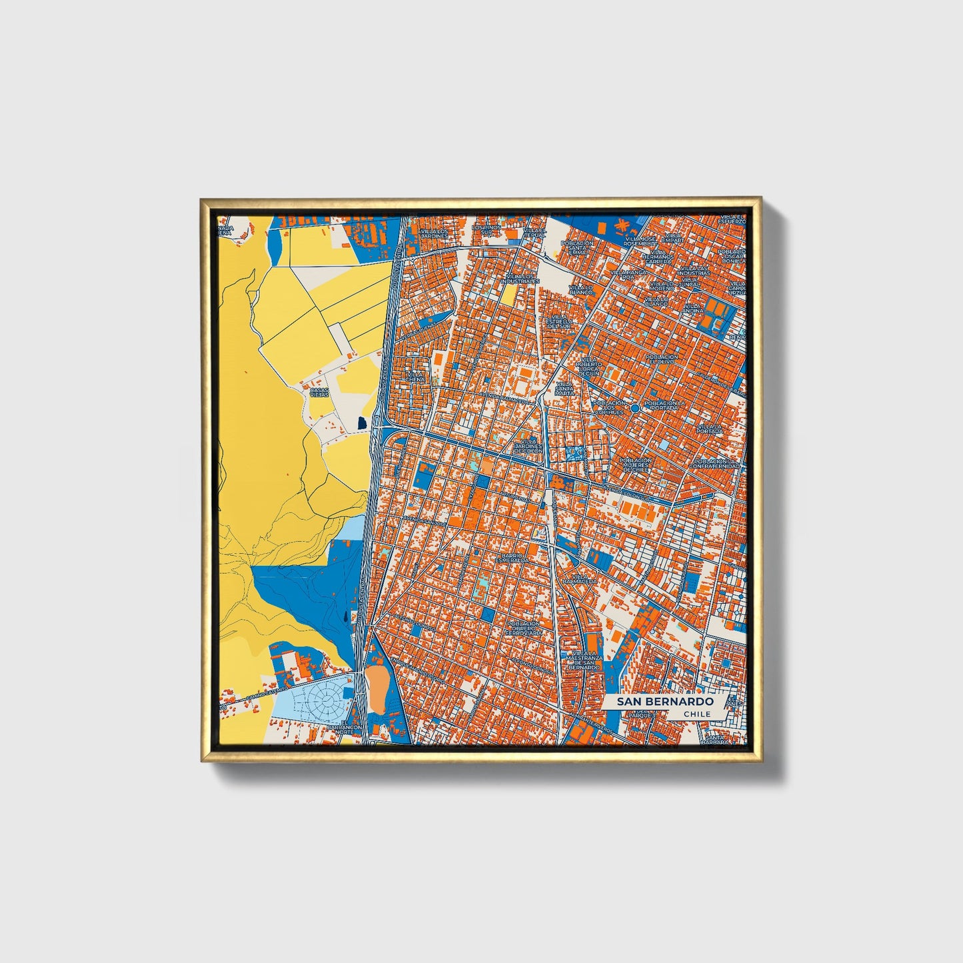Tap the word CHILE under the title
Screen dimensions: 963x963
coord(697,714)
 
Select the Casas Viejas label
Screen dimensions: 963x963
coord(319,392)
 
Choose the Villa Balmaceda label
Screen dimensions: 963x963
coord(579,578)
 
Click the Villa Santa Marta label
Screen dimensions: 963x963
coord(564,389)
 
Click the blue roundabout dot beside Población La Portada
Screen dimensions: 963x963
coord(635,407)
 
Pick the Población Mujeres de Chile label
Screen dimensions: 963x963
coord(635,465)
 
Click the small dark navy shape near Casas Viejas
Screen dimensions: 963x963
coord(362,423)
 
